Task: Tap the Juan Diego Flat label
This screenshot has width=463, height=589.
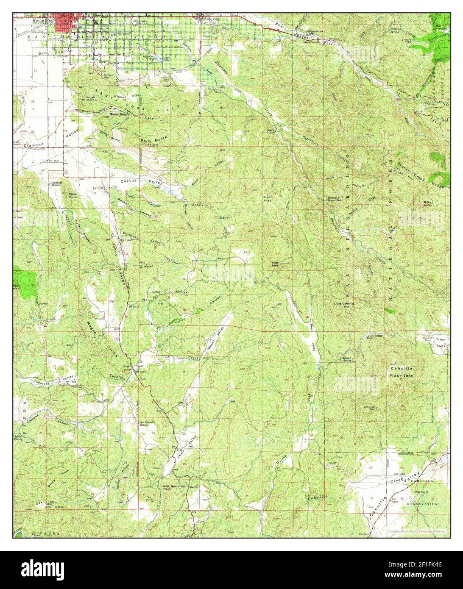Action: pos(375,337)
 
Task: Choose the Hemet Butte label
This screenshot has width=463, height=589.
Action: pos(90,98)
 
